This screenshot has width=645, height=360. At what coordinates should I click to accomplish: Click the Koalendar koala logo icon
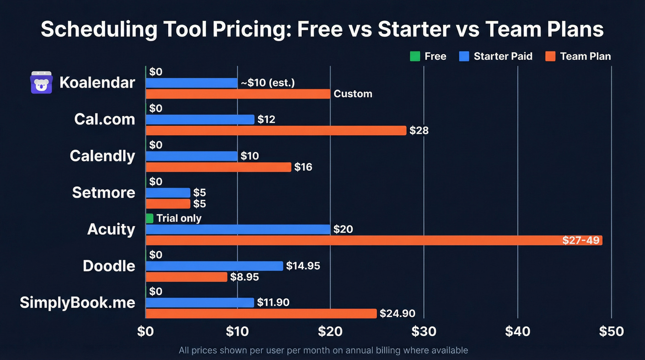[42, 83]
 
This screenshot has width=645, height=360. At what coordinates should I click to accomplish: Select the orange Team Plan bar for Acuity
[374, 240]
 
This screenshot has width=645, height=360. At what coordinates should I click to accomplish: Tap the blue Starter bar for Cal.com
[200, 119]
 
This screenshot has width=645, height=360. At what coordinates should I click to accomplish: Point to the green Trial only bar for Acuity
[150, 218]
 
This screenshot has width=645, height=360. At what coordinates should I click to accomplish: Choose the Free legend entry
[428, 56]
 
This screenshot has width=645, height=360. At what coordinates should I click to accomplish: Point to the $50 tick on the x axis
[611, 331]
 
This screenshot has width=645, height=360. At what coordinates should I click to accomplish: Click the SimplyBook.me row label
[77, 302]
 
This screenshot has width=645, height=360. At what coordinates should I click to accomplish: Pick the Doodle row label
[109, 266]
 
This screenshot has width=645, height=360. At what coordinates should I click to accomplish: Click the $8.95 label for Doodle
[245, 277]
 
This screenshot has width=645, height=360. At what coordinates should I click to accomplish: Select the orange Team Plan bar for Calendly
[218, 167]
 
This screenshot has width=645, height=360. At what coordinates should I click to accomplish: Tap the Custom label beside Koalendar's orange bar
[353, 94]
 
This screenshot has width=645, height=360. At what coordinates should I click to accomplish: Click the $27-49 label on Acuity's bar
[580, 240]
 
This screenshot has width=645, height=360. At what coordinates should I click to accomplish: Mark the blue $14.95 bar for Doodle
[214, 266]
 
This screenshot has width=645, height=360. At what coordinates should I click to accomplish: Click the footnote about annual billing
[323, 350]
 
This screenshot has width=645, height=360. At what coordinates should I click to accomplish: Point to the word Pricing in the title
[239, 30]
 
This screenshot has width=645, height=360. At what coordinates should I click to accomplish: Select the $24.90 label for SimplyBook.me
[397, 314]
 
